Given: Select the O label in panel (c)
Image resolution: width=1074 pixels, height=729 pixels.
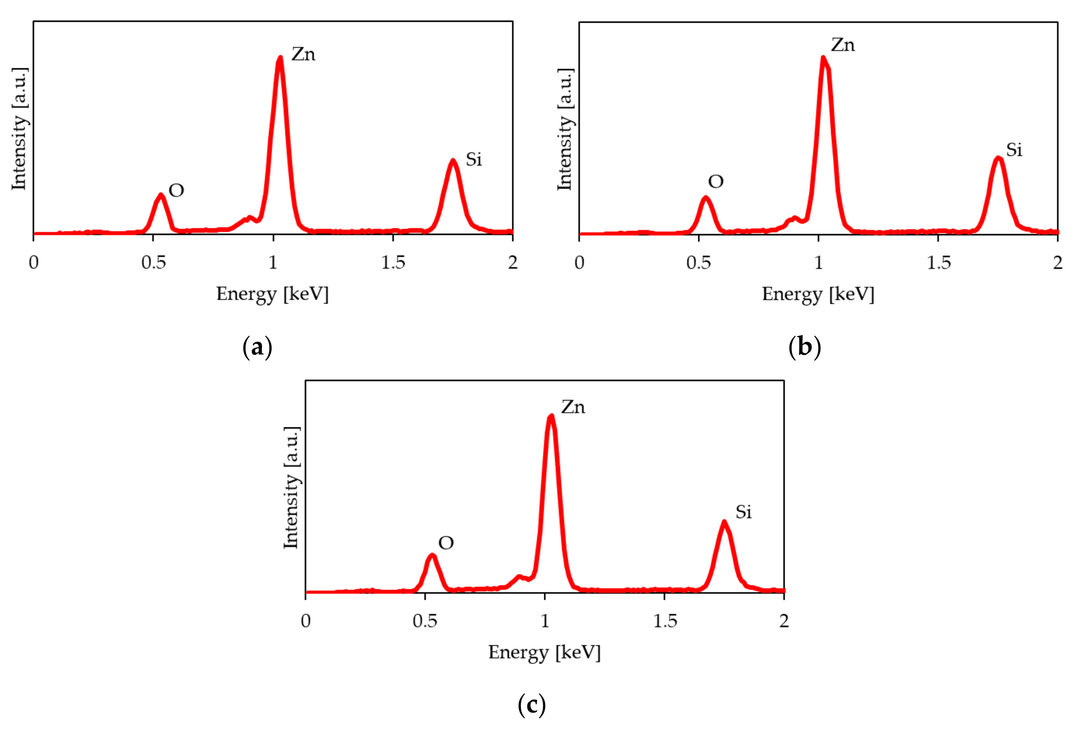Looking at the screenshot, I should pyautogui.click(x=446, y=543).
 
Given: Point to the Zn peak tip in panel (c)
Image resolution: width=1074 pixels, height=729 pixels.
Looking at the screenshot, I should pyautogui.click(x=550, y=416).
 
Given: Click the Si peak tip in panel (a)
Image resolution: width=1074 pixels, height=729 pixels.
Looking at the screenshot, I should pyautogui.click(x=453, y=161).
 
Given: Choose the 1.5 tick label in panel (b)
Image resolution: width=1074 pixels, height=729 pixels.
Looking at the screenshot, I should pyautogui.click(x=939, y=263).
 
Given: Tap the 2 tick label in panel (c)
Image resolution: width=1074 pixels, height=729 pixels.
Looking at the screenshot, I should pyautogui.click(x=784, y=621).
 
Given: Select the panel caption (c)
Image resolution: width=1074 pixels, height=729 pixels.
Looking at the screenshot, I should pyautogui.click(x=532, y=705).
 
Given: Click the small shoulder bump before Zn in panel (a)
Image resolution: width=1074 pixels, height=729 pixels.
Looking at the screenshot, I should pyautogui.click(x=249, y=217).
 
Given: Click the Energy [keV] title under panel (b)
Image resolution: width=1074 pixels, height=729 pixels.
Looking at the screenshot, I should pyautogui.click(x=818, y=294).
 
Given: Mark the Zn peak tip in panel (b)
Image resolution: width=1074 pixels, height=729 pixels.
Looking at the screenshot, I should pyautogui.click(x=823, y=58).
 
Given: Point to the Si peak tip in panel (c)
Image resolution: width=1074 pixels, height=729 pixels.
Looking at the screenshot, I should pyautogui.click(x=724, y=523).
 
